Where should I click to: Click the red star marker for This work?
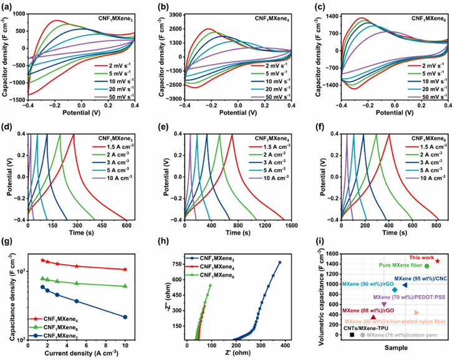(x=438, y=261)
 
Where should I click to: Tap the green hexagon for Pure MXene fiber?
(x=427, y=266)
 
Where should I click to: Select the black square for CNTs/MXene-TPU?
(x=352, y=334)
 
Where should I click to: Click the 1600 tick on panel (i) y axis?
(x=335, y=253)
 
